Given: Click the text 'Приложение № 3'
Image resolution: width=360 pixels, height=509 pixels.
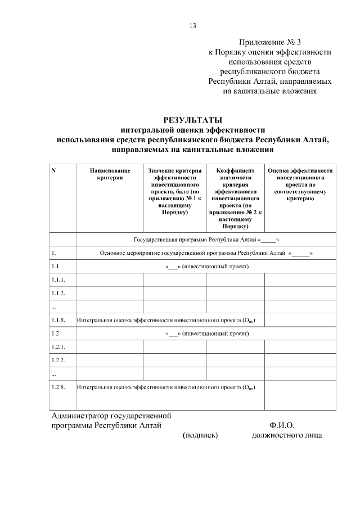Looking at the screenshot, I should point(270,42).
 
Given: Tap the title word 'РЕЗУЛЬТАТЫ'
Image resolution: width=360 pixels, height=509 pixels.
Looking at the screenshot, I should point(192,120).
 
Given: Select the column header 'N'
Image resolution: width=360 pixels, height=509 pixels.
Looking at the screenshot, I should point(53,170).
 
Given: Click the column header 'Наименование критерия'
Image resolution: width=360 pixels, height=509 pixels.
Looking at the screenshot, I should point(110,174).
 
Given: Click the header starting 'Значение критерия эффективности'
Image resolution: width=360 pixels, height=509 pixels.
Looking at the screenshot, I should point(174,191).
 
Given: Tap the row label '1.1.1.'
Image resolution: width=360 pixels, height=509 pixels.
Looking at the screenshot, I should point(58,280).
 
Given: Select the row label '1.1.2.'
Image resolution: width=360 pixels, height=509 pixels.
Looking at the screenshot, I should point(58,293).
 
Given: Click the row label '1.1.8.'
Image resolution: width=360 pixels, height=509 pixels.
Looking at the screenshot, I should point(58,320).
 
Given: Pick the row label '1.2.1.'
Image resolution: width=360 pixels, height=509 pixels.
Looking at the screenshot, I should point(58,346).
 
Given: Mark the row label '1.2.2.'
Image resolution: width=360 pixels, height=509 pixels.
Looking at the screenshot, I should point(58,360).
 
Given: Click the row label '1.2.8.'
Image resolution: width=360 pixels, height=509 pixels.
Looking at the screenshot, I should point(58,387).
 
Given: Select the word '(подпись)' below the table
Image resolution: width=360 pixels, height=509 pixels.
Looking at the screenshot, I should point(200,435).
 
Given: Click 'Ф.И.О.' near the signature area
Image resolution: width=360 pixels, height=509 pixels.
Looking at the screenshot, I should point(282,426).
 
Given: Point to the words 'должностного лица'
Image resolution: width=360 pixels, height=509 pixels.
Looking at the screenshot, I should point(287,435).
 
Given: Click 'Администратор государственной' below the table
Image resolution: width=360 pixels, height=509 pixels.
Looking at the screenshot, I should point(111,416).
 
